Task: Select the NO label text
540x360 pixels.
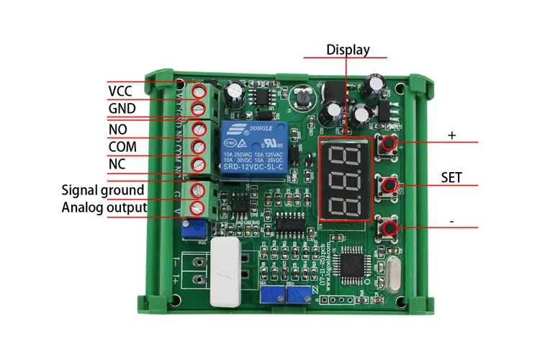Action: (117, 129)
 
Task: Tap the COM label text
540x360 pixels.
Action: (122, 146)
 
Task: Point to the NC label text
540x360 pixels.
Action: (117, 164)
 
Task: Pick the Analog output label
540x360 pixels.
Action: (104, 208)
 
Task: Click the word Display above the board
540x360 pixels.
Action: (348, 50)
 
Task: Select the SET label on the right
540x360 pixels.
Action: (451, 177)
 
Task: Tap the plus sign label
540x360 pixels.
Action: (452, 135)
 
